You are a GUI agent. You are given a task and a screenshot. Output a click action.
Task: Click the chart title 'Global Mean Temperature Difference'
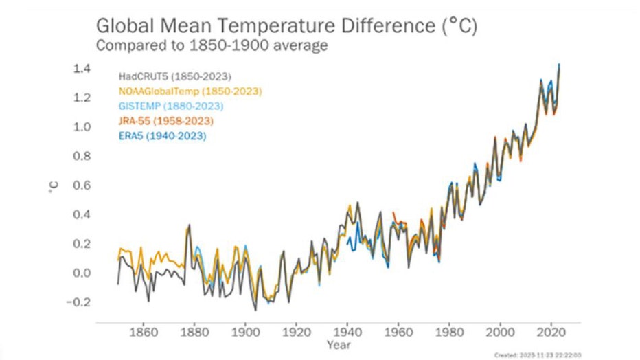coord(286,27)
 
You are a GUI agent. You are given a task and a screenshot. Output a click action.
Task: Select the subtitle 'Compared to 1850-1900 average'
coord(212,47)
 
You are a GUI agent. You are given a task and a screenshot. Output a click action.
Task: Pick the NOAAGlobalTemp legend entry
coord(190,91)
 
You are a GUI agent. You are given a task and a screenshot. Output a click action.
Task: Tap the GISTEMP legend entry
coord(171,106)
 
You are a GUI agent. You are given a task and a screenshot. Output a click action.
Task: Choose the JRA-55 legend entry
coord(166,122)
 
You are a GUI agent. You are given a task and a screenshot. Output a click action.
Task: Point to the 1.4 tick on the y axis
coord(82,69)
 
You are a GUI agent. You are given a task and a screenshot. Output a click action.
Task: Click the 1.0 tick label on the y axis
coord(82,127)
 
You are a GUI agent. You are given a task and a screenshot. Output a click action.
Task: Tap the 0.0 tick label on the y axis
coord(82,273)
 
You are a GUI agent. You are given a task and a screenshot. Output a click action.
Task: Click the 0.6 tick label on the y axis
coord(82,185)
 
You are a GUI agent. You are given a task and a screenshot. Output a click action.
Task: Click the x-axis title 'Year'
coord(339,345)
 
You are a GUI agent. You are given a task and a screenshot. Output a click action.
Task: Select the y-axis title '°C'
coord(53,185)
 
